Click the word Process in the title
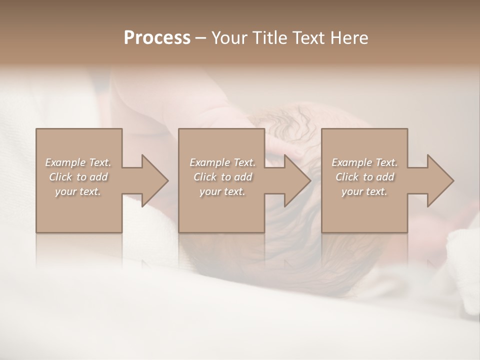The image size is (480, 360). point(157,38)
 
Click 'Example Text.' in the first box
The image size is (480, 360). point(78,162)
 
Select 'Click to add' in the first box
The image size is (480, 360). point(78,177)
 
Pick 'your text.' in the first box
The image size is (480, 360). point(78,191)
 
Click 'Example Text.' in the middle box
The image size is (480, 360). point(222,162)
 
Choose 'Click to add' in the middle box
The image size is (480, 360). point(222,177)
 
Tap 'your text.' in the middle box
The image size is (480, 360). point(222,191)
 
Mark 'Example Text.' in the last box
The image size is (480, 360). point(364,162)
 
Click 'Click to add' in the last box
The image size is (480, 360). point(364,177)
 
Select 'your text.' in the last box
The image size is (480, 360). point(364,191)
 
